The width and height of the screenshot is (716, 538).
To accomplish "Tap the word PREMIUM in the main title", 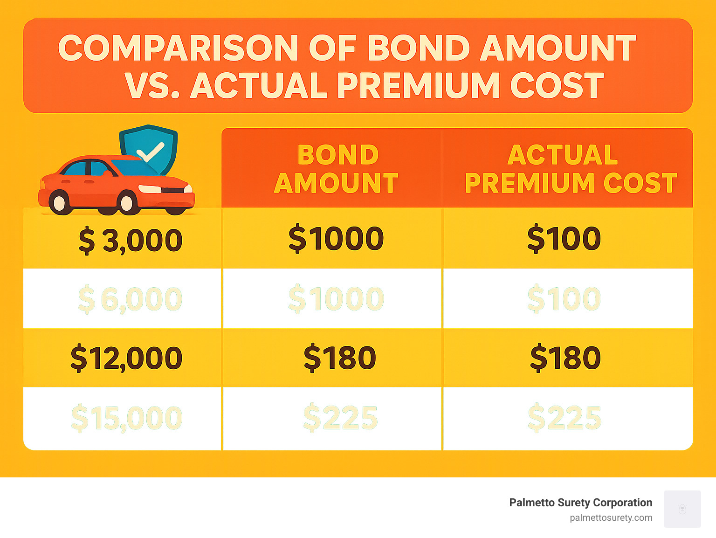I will click(418, 86).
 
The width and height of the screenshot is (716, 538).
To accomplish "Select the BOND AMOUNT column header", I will click(337, 169).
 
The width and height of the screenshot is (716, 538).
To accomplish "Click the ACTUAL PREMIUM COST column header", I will click(570, 169).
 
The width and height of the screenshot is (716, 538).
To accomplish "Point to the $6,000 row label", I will click(130, 299).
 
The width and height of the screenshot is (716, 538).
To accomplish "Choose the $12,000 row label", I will click(126, 358).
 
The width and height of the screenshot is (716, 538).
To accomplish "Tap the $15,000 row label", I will click(126, 418).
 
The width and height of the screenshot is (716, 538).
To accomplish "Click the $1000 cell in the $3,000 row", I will click(336, 239).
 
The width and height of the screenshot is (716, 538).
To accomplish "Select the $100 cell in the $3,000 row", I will click(564, 239).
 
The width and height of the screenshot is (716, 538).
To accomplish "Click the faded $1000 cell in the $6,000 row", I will click(336, 299).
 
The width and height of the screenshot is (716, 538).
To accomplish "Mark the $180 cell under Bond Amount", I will click(339, 358).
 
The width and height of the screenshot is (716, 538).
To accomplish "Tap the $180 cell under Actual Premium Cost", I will click(565, 358).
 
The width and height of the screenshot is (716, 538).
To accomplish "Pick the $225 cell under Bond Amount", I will click(340, 418).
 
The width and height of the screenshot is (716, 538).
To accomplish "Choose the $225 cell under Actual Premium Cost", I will click(565, 418).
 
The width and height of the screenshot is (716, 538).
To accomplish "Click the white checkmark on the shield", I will click(150, 152).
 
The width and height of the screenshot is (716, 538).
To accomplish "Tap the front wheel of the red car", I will click(126, 203).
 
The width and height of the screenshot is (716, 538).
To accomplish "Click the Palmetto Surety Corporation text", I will click(580, 503).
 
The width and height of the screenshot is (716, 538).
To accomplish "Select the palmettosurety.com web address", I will click(611, 517).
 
